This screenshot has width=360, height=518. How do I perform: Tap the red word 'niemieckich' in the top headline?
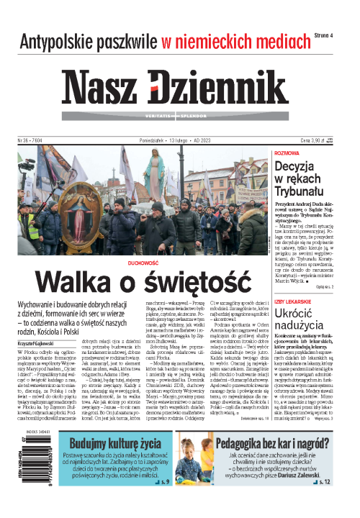pos(218,41)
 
